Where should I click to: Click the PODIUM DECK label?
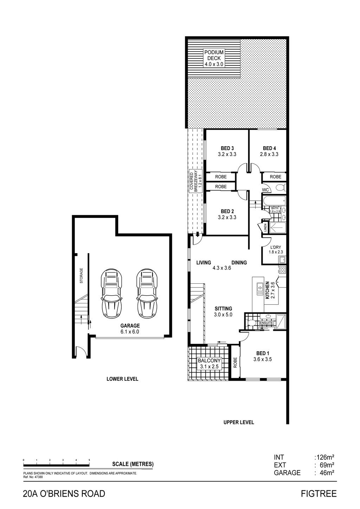pos(214,55)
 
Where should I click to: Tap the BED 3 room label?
pos(227,148)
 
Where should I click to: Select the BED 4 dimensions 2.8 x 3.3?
pos(269,154)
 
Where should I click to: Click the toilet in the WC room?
pos(281,188)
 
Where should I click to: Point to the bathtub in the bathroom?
pos(274,200)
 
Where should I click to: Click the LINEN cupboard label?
pos(265,227)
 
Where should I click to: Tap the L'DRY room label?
pos(276,247)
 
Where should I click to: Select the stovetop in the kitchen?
pos(282,270)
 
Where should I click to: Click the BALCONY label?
pos(209,360)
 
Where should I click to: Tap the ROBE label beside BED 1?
pos(235,363)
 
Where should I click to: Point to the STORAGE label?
pos(81,276)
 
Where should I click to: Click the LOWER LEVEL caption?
pos(122,379)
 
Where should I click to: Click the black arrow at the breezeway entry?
pos(198,234)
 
